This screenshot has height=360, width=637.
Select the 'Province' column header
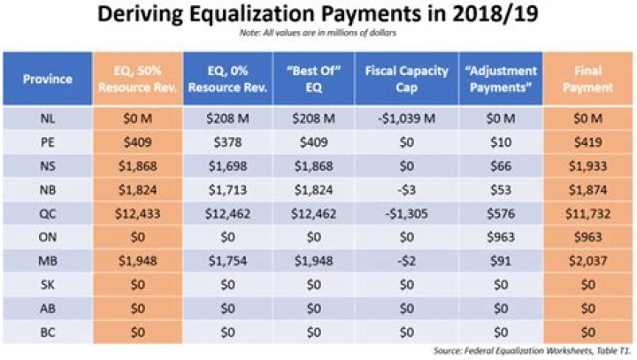pos(48,79)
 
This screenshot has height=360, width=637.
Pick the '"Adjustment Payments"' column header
pos(501,79)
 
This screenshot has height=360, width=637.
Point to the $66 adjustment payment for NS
pos(501,165)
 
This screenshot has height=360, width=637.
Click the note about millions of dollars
pos(318,34)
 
